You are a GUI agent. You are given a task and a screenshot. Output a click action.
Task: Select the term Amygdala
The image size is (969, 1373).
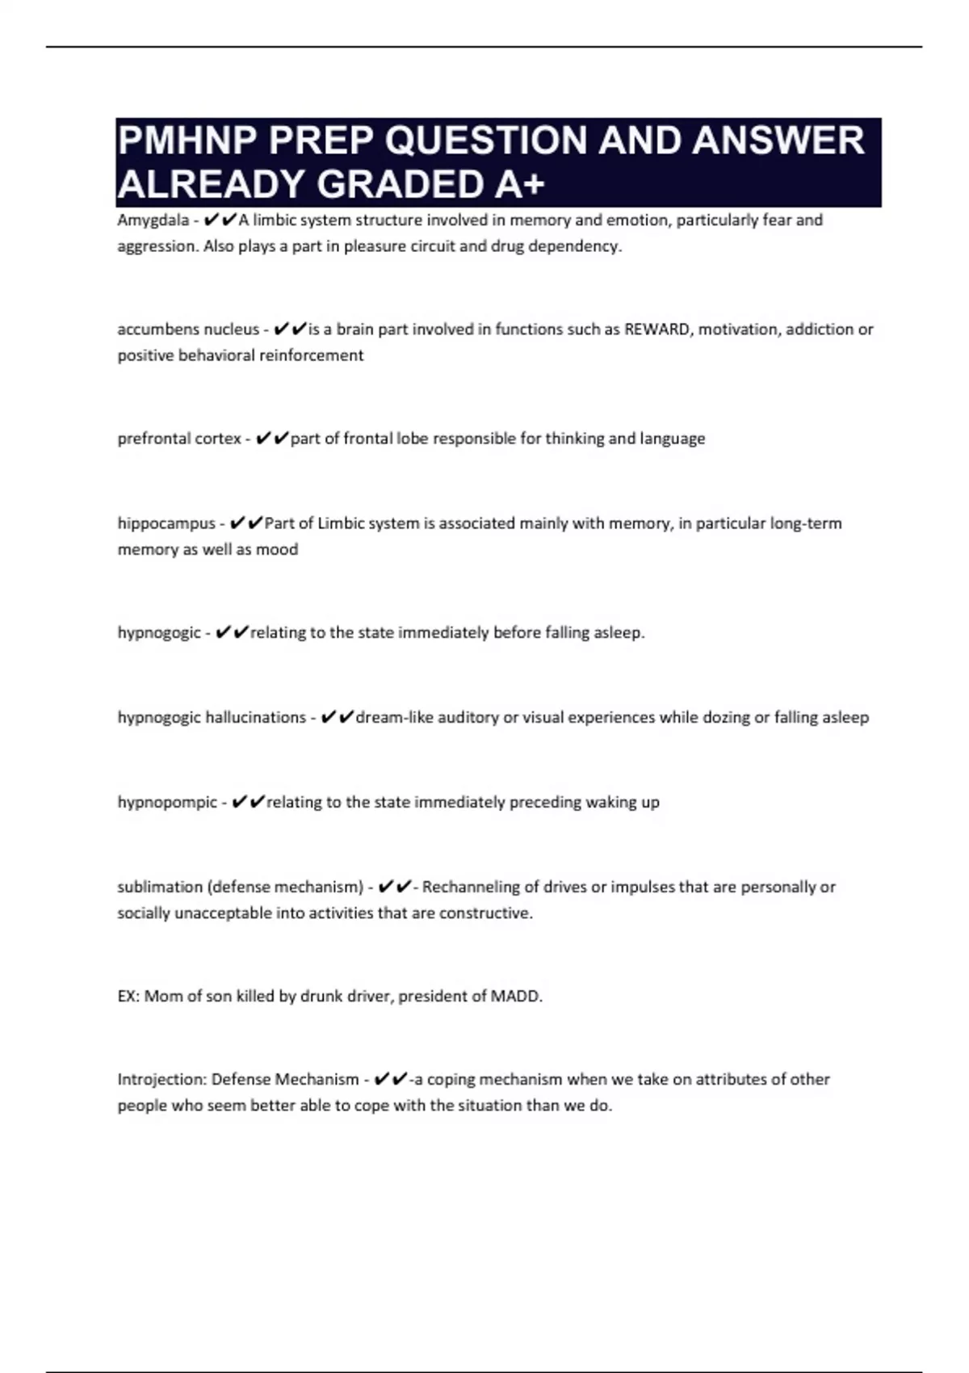pos(153,220)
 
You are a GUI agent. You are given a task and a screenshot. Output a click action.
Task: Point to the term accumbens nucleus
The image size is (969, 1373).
pos(188,330)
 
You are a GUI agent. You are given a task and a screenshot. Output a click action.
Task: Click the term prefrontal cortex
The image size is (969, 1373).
pos(179,439)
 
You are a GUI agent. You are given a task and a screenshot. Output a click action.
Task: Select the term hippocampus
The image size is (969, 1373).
pos(166,523)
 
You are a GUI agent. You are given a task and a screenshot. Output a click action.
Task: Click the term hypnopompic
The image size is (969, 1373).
pos(167,802)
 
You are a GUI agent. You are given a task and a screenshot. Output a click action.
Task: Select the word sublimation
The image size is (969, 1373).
pos(160,887)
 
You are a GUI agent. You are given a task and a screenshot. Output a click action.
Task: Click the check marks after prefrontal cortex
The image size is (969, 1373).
pos(271,439)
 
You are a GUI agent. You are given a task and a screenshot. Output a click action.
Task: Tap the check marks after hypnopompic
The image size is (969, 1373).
pos(248,802)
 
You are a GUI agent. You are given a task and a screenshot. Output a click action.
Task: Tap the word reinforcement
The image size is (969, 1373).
pos(311,355)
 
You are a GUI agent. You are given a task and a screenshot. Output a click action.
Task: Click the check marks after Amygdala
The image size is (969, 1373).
pos(220,220)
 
